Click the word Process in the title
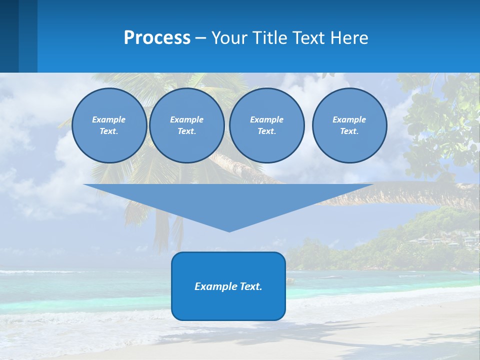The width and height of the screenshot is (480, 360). tap(157, 38)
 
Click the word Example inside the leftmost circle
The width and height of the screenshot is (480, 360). tap(109, 119)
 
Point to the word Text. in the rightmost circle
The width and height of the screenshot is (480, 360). tap(349, 131)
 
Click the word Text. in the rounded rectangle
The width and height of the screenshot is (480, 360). tap(250, 286)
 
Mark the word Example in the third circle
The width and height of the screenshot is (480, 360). tap(266, 119)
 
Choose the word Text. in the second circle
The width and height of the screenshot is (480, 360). tap(186, 131)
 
